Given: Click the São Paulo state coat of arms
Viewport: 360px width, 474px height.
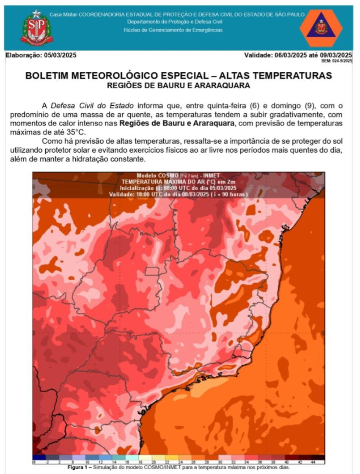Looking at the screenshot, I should (x=37, y=28).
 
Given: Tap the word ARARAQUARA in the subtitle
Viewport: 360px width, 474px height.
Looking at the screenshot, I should (x=225, y=85).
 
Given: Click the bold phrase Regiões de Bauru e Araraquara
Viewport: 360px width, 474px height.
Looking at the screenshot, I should (x=176, y=123).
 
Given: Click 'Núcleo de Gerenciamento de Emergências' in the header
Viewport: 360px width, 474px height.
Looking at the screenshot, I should (x=173, y=30).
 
